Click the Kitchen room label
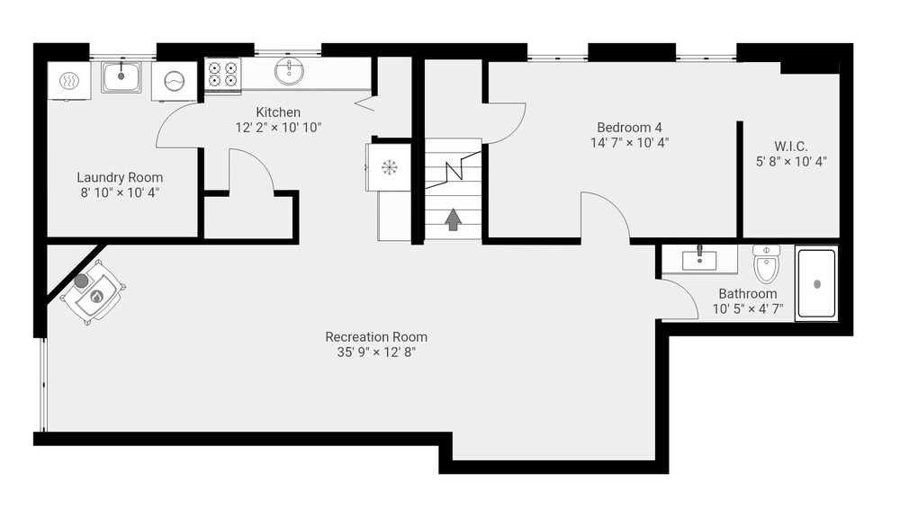point(278,112)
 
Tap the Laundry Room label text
point(120,177)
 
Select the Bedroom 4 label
point(629,127)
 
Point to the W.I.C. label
point(790,146)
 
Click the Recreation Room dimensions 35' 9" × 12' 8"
point(376,352)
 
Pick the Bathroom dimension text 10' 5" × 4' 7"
point(747,308)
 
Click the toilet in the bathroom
point(766,264)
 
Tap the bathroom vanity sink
point(699,259)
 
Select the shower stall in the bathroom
point(817,283)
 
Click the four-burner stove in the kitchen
point(222,76)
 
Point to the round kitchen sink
point(289,71)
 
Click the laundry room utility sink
point(121,77)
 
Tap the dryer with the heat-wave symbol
point(69,81)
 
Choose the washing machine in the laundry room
point(173,82)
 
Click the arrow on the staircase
point(454,219)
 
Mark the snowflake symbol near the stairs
point(390,167)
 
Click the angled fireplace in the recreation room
point(92,292)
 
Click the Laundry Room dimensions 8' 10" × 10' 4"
point(120,192)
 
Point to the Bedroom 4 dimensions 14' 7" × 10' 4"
point(629,142)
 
